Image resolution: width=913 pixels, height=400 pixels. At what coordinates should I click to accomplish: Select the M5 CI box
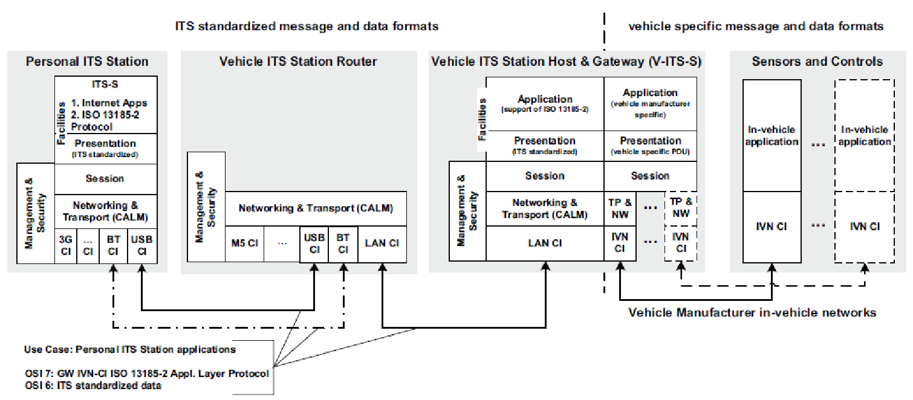pyautogui.click(x=245, y=244)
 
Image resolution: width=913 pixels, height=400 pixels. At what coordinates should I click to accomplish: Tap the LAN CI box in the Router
pyautogui.click(x=382, y=244)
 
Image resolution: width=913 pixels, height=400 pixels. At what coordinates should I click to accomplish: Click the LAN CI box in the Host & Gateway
pyautogui.click(x=545, y=243)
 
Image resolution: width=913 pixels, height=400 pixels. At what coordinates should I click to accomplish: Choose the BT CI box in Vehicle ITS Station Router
pyautogui.click(x=343, y=244)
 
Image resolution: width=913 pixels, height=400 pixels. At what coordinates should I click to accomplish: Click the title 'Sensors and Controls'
pyautogui.click(x=817, y=62)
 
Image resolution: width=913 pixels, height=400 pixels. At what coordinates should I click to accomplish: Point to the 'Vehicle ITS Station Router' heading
pyautogui.click(x=298, y=62)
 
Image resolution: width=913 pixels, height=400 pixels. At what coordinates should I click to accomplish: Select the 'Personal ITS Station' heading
pyautogui.click(x=87, y=62)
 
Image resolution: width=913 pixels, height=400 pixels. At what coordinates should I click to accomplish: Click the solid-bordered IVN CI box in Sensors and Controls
pyautogui.click(x=773, y=227)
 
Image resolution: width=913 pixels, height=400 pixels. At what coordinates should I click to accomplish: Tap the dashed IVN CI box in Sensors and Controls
pyautogui.click(x=865, y=227)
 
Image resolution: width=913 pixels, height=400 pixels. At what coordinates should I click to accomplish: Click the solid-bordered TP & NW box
pyautogui.click(x=620, y=208)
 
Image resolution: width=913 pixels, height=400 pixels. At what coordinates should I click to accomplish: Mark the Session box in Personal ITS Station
pyautogui.click(x=105, y=179)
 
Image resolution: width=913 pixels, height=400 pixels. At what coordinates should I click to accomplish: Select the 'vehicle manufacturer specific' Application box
pyautogui.click(x=650, y=103)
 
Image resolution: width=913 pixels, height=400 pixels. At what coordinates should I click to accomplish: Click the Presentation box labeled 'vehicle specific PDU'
pyautogui.click(x=650, y=145)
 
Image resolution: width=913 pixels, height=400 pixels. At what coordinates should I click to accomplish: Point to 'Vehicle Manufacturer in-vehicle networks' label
pyautogui.click(x=752, y=312)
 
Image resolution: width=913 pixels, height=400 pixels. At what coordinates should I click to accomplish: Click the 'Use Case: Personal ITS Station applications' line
pyautogui.click(x=130, y=349)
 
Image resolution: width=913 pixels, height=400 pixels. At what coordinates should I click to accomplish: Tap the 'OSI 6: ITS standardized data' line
pyautogui.click(x=93, y=385)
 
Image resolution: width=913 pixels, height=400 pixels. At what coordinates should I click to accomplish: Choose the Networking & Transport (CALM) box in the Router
pyautogui.click(x=316, y=208)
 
